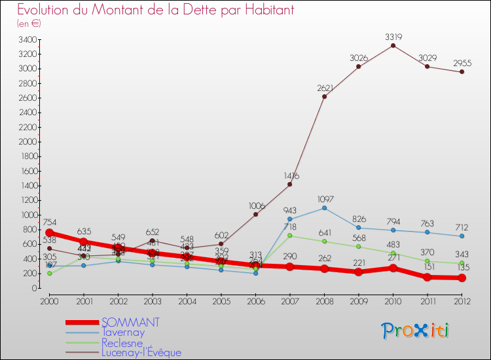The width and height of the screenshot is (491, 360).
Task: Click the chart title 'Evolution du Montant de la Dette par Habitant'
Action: [x=155, y=10]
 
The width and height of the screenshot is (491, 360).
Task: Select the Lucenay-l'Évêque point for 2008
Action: [x=324, y=96]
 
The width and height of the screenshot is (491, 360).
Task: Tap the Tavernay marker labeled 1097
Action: [x=324, y=208]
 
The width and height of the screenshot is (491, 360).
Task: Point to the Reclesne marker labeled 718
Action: [x=290, y=236]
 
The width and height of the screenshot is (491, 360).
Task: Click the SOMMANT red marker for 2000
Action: [x=49, y=233]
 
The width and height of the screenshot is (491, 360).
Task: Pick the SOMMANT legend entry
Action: [x=130, y=323]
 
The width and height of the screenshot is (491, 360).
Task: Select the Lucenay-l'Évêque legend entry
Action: [x=141, y=352]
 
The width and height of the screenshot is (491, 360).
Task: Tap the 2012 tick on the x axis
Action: [x=462, y=300]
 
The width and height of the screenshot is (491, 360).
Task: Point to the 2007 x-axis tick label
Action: [x=290, y=300]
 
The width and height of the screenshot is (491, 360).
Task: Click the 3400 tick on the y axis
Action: [x=27, y=39]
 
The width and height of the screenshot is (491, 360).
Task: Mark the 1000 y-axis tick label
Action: [x=27, y=215]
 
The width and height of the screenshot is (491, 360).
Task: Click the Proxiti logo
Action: [x=416, y=331]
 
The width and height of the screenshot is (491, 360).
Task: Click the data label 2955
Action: [x=462, y=63]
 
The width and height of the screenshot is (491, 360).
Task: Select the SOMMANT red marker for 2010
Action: [x=393, y=268]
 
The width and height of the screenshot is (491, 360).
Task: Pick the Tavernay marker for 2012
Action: [x=462, y=236]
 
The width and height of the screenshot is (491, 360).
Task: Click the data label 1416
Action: [x=290, y=176]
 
